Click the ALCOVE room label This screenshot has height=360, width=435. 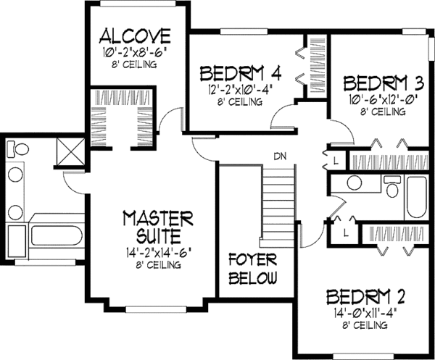point(136,35)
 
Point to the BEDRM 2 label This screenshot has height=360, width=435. point(364,297)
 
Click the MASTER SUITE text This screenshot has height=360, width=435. point(157,226)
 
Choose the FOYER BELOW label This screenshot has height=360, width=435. point(253,269)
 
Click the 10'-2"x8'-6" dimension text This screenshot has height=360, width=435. point(136,51)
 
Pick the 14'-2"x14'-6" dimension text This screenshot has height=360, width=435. point(157,253)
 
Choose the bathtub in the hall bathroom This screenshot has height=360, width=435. point(418,200)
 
